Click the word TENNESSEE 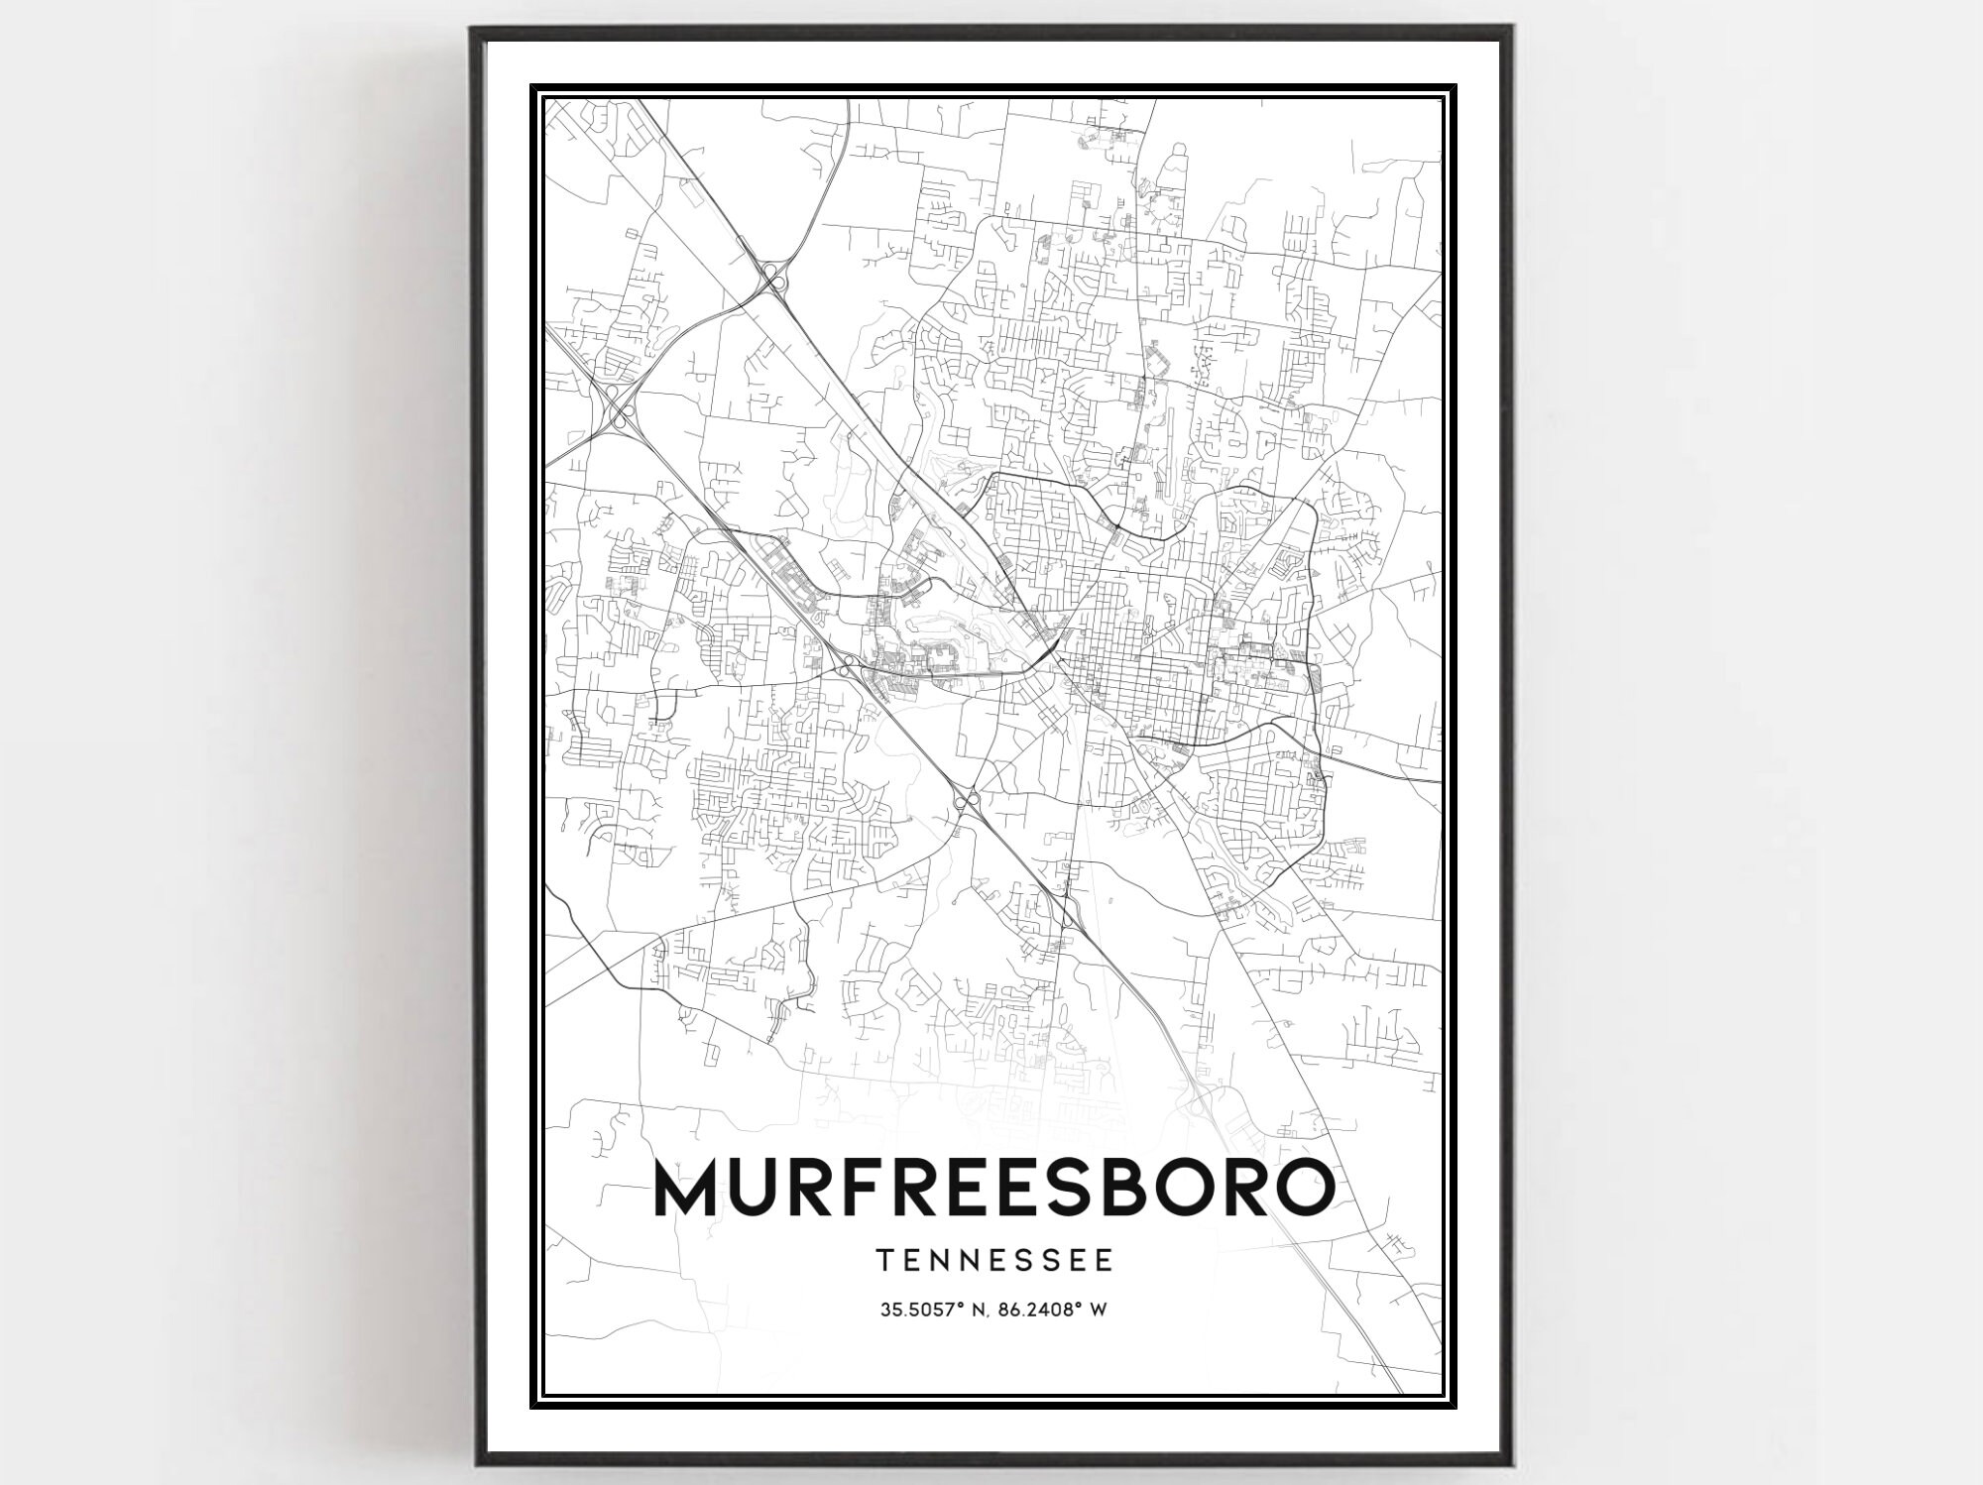(x=994, y=1260)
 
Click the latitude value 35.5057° (x=918, y=1310)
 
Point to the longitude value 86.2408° (x=1037, y=1310)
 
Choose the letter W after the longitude (x=1098, y=1310)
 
